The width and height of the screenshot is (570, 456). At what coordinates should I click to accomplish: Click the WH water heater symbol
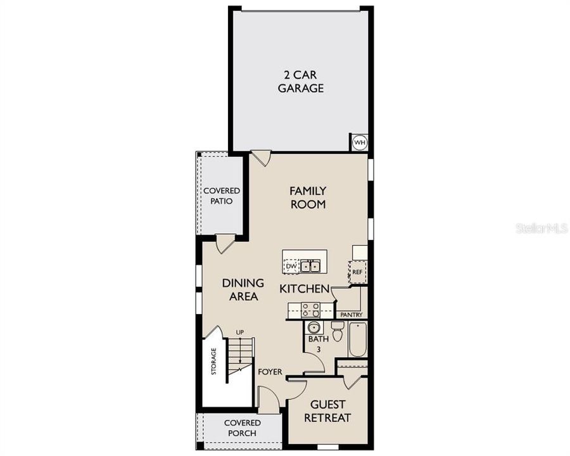360,142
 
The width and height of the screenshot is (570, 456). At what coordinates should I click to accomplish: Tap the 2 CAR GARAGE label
300,80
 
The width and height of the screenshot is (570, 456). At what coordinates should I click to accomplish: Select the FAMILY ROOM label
308,197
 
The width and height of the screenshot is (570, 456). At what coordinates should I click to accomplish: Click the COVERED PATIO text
221,196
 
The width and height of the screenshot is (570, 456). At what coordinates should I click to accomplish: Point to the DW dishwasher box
291,267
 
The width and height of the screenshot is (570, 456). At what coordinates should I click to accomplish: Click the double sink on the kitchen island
310,267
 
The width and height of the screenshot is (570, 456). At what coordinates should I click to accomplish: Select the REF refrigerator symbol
357,272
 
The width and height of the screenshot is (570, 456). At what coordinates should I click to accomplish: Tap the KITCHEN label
305,289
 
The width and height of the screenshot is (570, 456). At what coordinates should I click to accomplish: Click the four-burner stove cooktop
310,310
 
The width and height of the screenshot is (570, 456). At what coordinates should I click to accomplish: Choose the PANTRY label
351,315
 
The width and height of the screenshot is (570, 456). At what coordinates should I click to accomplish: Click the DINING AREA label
243,289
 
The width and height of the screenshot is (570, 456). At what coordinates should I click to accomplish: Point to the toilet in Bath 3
337,331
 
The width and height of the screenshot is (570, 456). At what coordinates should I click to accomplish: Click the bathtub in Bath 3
358,340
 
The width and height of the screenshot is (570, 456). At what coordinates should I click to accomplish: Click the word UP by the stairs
240,332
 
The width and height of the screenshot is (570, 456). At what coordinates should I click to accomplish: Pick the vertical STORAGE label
214,362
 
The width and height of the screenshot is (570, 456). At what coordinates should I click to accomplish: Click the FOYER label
270,372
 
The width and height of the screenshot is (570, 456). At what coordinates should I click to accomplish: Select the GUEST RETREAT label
327,411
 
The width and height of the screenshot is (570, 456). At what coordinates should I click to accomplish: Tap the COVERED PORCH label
240,428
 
